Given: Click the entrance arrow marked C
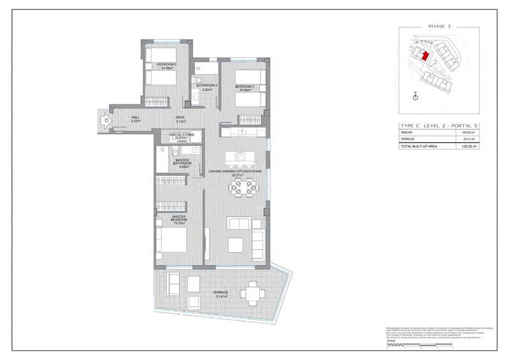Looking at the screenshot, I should click(104, 119).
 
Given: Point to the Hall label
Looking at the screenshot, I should click(135, 117).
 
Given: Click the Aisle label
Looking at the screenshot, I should click(181, 117).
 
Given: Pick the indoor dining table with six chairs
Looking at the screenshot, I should click(244, 187).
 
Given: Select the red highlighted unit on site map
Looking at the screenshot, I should click(425, 56).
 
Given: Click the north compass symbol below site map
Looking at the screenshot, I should click(415, 97).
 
